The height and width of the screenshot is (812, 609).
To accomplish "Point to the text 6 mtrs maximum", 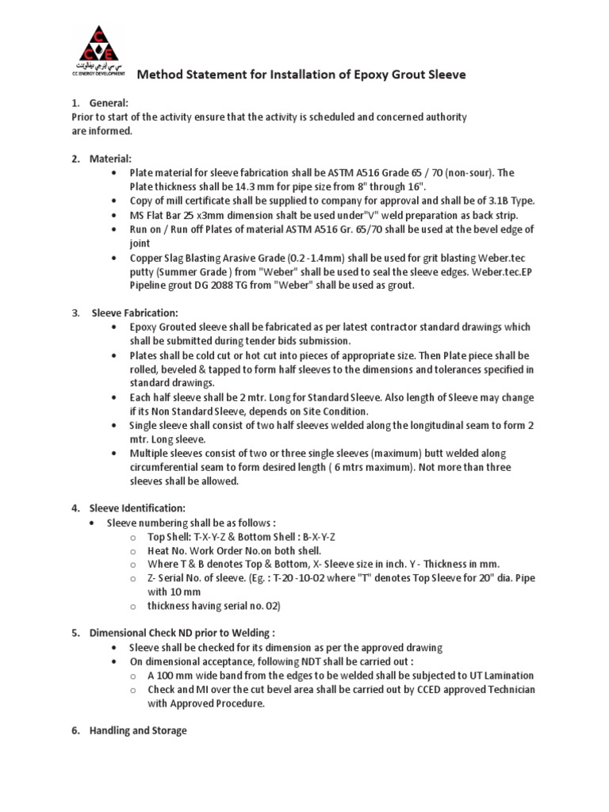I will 368,466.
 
